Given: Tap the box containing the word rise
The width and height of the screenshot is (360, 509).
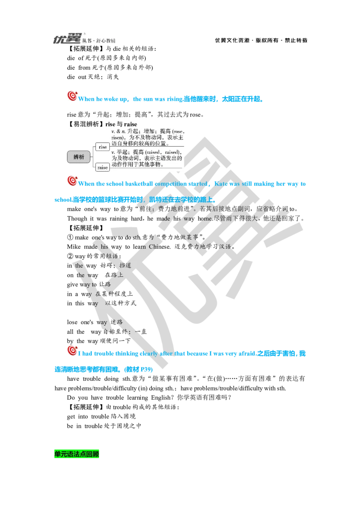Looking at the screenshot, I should (103, 147).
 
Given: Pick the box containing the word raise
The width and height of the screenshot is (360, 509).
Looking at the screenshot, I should (103, 167).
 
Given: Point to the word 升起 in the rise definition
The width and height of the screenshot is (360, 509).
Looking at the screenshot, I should (132, 130).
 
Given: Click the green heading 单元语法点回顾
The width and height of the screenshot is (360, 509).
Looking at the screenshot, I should (77, 454).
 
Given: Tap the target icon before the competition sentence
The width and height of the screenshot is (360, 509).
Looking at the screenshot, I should (71, 181).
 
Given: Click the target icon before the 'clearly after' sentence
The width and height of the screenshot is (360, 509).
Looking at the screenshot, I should (71, 351).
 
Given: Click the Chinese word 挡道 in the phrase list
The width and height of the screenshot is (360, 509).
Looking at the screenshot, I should (126, 265).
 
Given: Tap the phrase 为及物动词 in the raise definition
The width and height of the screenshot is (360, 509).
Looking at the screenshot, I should (130, 158).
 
